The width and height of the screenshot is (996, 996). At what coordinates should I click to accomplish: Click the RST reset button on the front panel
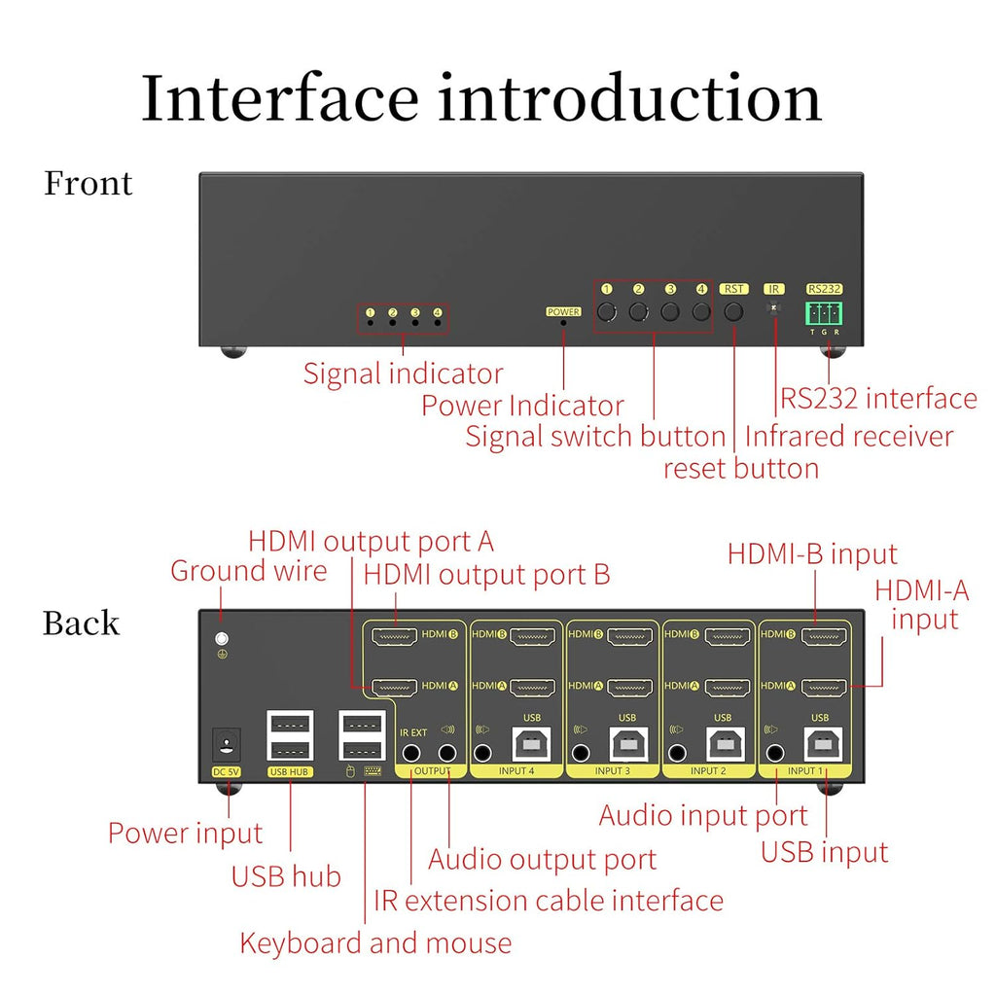point(733,312)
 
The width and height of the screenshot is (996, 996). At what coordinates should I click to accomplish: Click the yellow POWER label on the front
point(563,312)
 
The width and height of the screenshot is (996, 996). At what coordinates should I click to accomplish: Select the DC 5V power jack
point(227,746)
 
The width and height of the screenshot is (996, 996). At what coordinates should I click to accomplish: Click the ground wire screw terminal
point(222,640)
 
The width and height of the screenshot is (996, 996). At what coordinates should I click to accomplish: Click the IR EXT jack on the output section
point(412,752)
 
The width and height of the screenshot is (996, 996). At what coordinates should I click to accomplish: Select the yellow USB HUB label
point(289,772)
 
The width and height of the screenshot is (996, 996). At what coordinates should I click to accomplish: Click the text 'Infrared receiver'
point(849,436)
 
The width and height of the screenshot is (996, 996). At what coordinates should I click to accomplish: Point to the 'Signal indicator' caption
point(403,373)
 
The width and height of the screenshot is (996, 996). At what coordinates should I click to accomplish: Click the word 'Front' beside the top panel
point(88,183)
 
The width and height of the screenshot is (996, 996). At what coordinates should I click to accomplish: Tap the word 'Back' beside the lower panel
point(81,623)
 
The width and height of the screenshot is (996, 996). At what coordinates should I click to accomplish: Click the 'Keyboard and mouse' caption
point(375,943)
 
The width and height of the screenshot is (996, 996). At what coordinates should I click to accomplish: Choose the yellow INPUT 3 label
point(612,771)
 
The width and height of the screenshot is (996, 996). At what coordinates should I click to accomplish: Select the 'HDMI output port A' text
point(371,541)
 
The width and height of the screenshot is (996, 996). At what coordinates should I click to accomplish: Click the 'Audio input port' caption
point(702,815)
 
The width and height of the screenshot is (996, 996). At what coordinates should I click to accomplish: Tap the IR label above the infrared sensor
point(774,289)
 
